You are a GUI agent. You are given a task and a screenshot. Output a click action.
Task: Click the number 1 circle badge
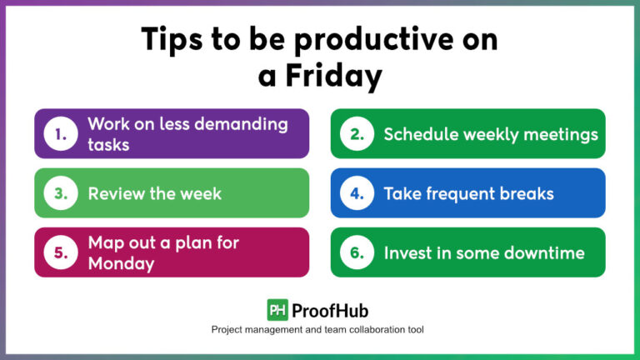click(60, 133)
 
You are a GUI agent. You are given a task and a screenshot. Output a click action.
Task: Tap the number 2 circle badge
click(357, 133)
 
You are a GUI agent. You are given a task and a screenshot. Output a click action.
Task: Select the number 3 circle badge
click(60, 193)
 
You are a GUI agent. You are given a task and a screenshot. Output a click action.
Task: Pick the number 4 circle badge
click(357, 193)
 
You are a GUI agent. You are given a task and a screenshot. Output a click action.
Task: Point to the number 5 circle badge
click(60, 252)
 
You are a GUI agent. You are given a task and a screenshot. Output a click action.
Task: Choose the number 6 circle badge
click(357, 252)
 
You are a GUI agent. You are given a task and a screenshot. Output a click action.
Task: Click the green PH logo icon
click(277, 310)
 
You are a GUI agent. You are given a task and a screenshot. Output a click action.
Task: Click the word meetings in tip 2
click(560, 133)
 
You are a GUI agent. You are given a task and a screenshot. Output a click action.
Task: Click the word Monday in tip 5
click(122, 263)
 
